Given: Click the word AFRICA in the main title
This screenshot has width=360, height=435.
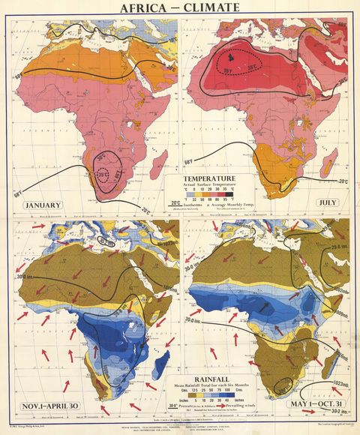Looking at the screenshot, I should (140, 8).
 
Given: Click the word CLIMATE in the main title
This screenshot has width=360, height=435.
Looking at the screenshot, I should (211, 8).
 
